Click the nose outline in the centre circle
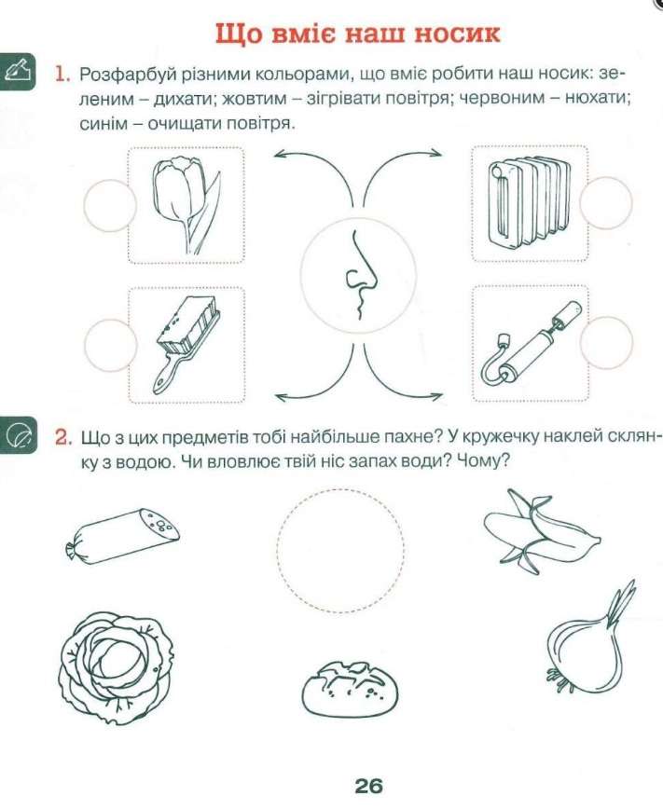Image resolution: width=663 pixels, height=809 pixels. click(x=355, y=274)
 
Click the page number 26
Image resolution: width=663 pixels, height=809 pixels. click(x=368, y=785)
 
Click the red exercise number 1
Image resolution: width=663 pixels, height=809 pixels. click(x=62, y=73)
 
